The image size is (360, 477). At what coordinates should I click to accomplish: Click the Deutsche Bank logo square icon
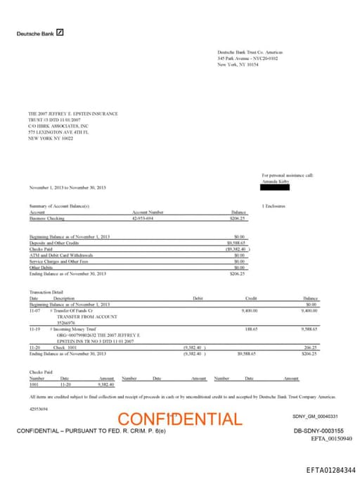(60, 32)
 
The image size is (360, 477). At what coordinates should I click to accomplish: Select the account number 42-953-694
(143, 219)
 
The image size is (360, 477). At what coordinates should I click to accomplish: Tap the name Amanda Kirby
(276, 180)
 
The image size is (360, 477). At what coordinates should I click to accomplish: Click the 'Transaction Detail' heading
(45, 291)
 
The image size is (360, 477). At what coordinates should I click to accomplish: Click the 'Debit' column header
(198, 298)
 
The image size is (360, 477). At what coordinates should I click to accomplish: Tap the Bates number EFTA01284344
(330, 469)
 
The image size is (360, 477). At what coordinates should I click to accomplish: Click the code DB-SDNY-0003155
(319, 431)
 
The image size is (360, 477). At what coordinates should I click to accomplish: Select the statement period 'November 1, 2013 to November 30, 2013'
(67, 188)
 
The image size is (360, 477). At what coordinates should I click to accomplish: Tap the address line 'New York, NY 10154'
(238, 64)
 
